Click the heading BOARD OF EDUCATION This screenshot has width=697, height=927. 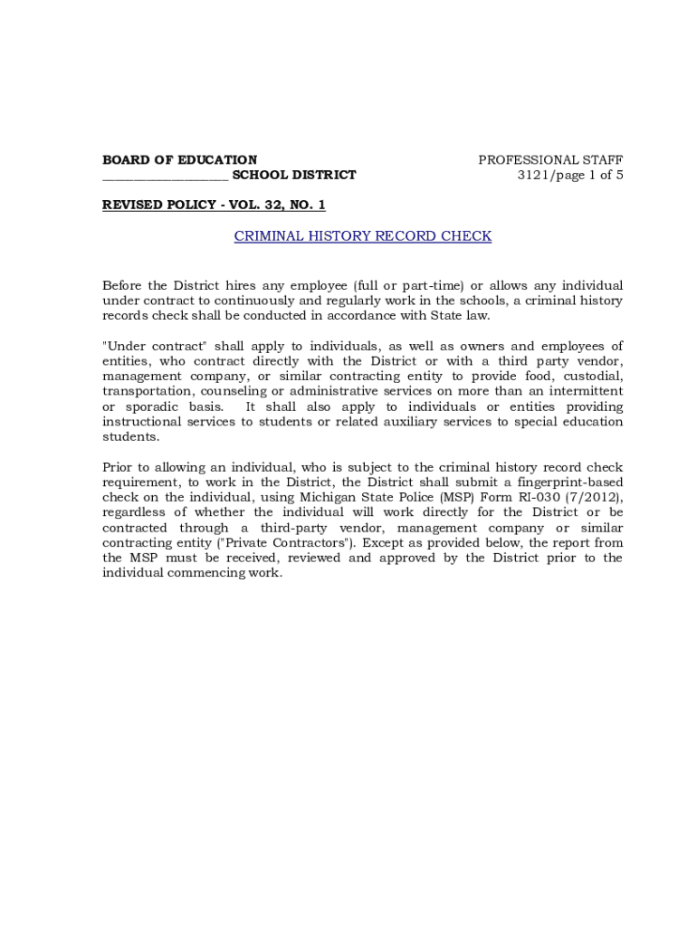(x=179, y=160)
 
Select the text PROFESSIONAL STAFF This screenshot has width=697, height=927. (x=550, y=160)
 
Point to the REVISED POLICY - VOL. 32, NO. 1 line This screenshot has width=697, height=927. (x=214, y=205)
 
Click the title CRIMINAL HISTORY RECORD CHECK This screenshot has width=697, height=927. (x=362, y=236)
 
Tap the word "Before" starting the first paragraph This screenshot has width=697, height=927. (x=123, y=286)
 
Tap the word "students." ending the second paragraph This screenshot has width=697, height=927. (x=130, y=437)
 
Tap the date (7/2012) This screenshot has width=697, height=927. (x=596, y=498)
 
